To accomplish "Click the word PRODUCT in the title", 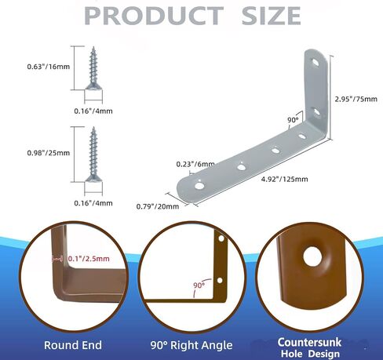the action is coord(154,16).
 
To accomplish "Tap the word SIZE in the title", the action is coord(271,16).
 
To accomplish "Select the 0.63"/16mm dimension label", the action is coord(49,67).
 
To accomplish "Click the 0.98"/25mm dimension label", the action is coord(49,153).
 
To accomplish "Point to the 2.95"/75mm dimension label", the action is coord(356,99).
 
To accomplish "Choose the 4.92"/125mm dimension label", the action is coord(285,179).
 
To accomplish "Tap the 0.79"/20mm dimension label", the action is coord(158,206).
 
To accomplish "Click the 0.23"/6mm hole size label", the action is coord(195,164).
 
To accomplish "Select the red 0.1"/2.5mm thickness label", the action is coord(89,259).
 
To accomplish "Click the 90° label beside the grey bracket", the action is coord(293,120).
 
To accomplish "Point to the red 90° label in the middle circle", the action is coord(199,285).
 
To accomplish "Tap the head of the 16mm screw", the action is coord(93,85).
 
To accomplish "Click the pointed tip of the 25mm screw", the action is coord(93,128).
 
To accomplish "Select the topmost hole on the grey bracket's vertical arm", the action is coord(316,62).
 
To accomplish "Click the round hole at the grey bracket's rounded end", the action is coord(199,186).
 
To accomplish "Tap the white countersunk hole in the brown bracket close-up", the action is coord(313,256).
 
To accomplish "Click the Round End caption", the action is coord(73,345).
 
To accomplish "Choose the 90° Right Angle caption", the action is coord(191,345).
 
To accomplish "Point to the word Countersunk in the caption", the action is coord(309,342).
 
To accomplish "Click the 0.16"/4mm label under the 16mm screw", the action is coord(93,111).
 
